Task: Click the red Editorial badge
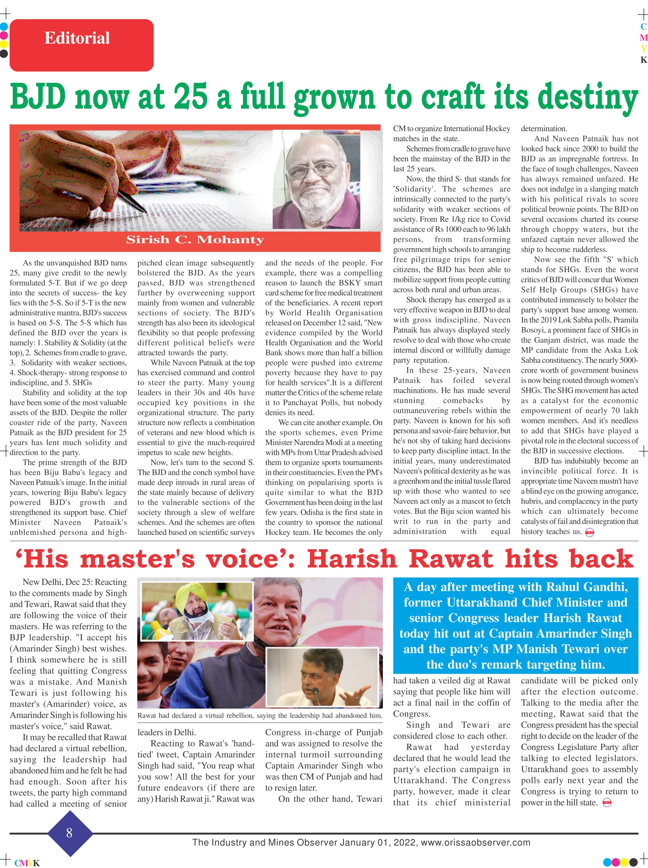[81, 45]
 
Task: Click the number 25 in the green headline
[190, 97]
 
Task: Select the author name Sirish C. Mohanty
[195, 239]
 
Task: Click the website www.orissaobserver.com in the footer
[475, 842]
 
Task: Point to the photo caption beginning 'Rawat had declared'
[259, 715]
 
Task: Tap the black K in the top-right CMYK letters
[643, 60]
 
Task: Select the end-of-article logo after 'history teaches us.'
[590, 532]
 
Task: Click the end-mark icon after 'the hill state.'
[607, 803]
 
